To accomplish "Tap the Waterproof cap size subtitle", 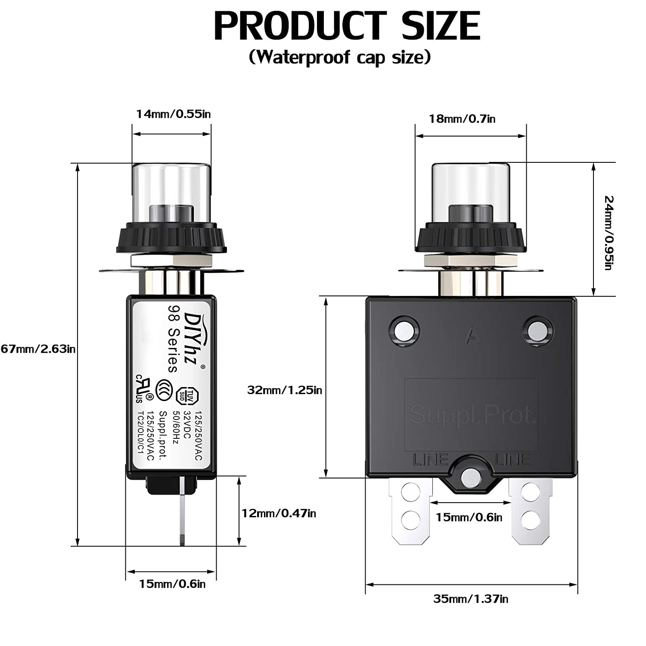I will [340, 57].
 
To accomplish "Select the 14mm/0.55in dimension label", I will [173, 114].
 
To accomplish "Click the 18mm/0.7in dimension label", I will [462, 119].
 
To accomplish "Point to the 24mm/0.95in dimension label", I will [608, 233].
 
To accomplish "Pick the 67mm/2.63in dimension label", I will [38, 349].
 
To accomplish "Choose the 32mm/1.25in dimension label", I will [284, 390].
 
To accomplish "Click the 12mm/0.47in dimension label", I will [279, 513].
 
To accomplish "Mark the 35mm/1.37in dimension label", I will [471, 599].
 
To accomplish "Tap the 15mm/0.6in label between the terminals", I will [469, 517].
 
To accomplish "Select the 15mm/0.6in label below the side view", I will [172, 584].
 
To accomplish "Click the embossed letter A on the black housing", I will [472, 336].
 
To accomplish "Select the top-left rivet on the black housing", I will [404, 331].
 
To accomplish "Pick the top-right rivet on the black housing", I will [537, 331].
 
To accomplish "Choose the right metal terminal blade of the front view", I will [531, 508].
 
